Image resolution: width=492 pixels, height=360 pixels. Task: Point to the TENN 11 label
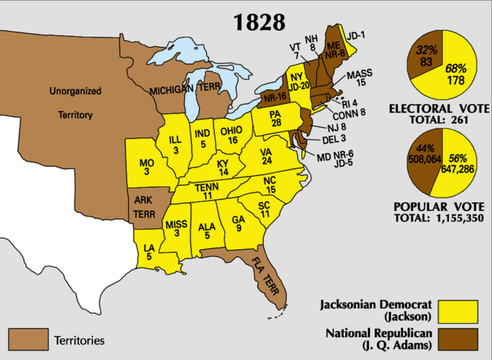coord(207,191)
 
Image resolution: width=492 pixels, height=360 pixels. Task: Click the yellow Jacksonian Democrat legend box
coord(462,311)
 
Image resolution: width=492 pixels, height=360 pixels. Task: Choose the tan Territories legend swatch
coord(28,338)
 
